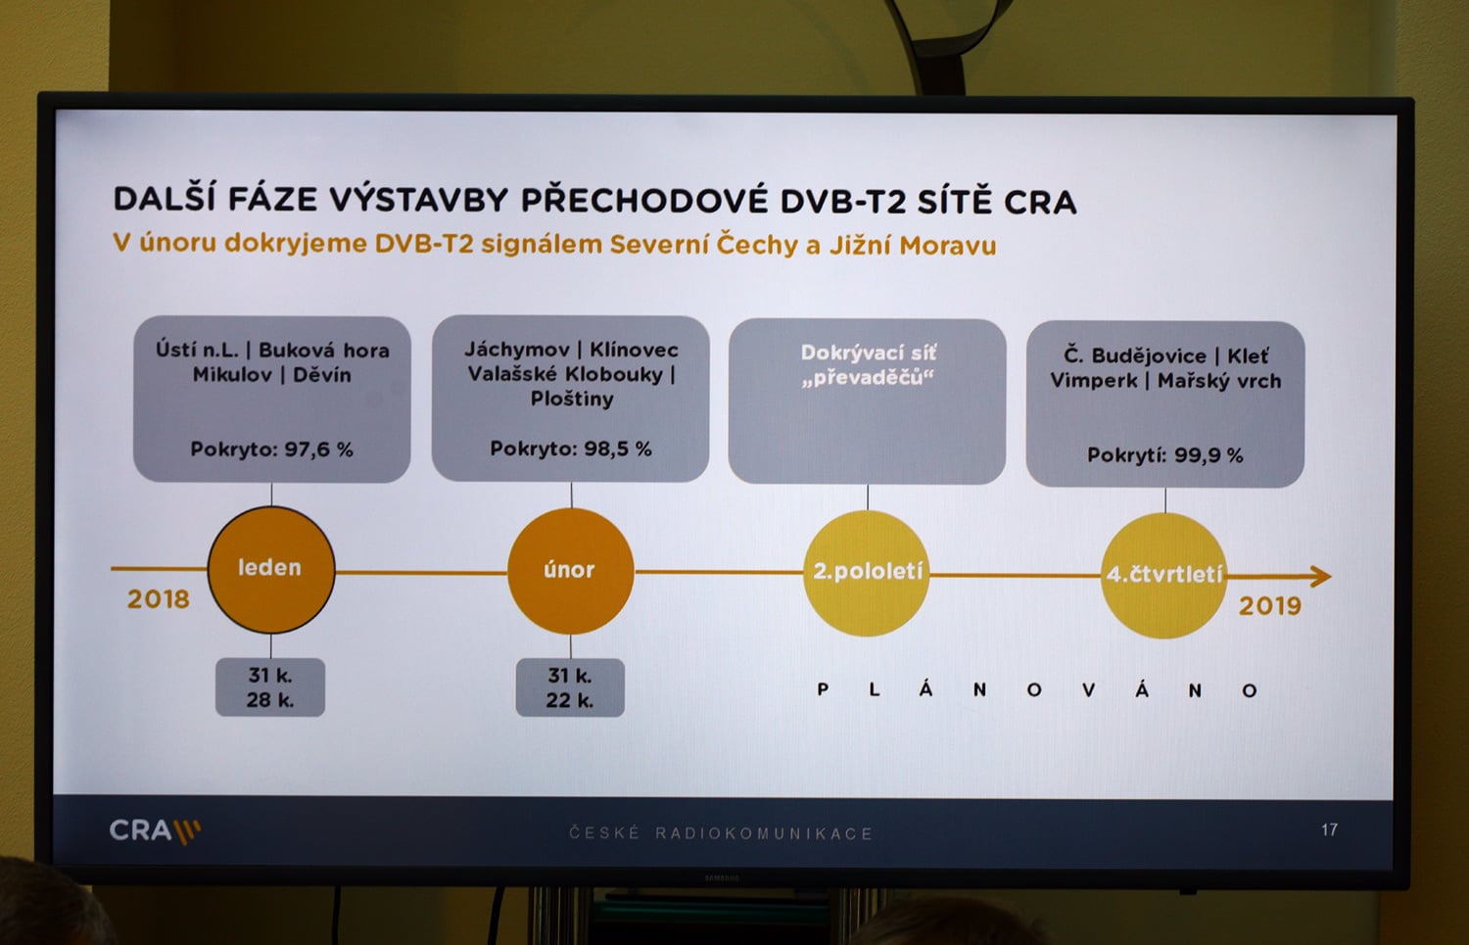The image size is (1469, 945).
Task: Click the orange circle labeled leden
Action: (x=270, y=569)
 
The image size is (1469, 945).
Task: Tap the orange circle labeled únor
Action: (x=570, y=571)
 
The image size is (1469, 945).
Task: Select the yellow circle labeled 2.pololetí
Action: (x=867, y=572)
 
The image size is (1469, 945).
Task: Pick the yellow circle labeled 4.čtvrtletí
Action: (x=1163, y=575)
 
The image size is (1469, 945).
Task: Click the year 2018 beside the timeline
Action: (x=158, y=599)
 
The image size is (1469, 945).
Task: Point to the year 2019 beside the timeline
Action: (x=1269, y=606)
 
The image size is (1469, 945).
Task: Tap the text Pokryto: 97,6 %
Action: (x=271, y=449)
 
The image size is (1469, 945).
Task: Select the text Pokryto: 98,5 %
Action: (x=570, y=449)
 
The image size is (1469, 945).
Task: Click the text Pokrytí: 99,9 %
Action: (x=1164, y=455)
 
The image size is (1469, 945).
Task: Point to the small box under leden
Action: (x=270, y=687)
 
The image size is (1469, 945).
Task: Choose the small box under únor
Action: (x=570, y=688)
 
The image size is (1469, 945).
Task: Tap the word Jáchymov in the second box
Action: (x=516, y=350)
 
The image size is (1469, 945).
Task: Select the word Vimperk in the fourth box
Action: (x=1093, y=381)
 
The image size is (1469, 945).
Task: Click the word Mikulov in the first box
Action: (x=232, y=375)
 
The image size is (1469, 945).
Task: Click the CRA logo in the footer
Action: (x=154, y=831)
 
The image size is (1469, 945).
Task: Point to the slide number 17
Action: (x=1329, y=830)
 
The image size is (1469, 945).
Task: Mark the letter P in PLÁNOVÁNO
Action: (x=823, y=690)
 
